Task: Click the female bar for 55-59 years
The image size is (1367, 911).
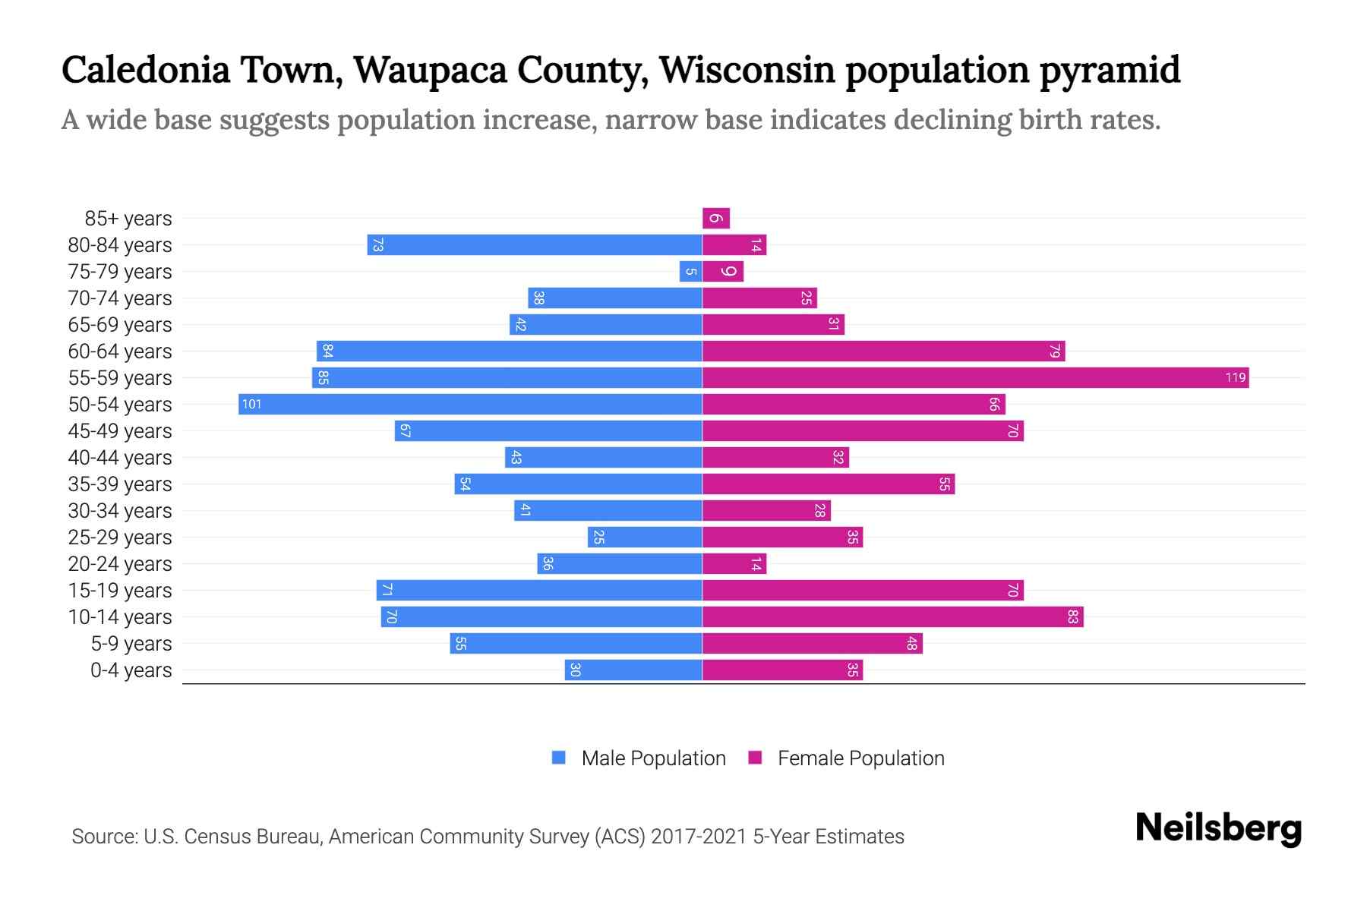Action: pyautogui.click(x=975, y=377)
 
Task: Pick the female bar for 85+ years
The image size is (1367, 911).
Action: pyautogui.click(x=715, y=219)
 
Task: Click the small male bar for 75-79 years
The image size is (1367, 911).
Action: pyautogui.click(x=690, y=272)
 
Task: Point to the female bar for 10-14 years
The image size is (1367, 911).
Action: pyautogui.click(x=892, y=616)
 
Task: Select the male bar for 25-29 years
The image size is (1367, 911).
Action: pyautogui.click(x=644, y=537)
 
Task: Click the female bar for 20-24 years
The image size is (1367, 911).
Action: pyautogui.click(x=734, y=563)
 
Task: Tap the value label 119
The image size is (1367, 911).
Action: pyautogui.click(x=1235, y=377)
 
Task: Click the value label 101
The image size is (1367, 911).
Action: pyautogui.click(x=251, y=404)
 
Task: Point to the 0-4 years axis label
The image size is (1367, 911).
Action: pyautogui.click(x=131, y=670)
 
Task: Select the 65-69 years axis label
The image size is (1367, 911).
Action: pyautogui.click(x=120, y=325)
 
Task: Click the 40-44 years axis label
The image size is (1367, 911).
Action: pyautogui.click(x=120, y=458)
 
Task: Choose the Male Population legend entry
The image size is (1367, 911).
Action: pyautogui.click(x=639, y=758)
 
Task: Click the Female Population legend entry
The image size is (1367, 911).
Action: pyautogui.click(x=846, y=758)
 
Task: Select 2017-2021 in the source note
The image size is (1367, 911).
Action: pyautogui.click(x=699, y=836)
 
